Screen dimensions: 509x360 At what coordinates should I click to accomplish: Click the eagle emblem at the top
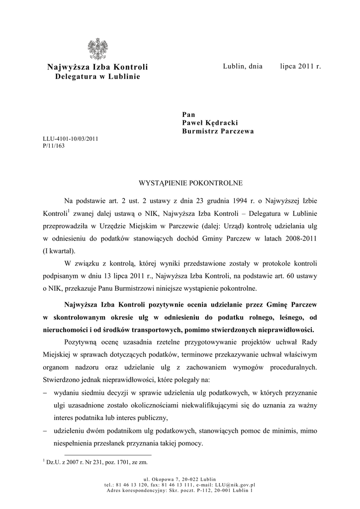click(x=97, y=49)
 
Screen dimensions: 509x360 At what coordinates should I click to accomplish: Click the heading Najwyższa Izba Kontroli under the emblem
click(x=97, y=67)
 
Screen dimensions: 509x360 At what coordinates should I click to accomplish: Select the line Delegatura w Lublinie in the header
click(x=97, y=77)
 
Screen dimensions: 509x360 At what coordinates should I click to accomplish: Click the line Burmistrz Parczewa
click(x=218, y=131)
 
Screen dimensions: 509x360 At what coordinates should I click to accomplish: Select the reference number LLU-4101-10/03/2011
click(x=71, y=139)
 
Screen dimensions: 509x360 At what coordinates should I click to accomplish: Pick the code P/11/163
click(x=54, y=146)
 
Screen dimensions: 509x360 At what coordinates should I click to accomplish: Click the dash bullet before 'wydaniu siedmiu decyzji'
click(x=45, y=393)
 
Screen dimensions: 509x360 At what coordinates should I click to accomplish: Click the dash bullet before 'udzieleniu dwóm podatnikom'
click(x=45, y=431)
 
